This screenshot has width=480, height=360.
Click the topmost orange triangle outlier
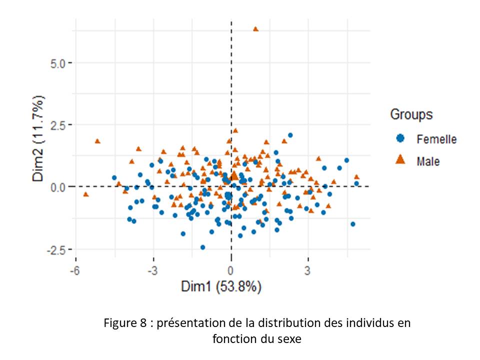(x=255, y=29)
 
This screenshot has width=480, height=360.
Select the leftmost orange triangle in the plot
(x=86, y=194)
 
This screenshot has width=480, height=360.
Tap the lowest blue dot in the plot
(x=202, y=247)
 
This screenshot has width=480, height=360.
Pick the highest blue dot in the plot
(x=290, y=135)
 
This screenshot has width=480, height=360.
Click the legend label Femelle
(x=436, y=139)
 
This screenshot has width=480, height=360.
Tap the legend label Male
(x=428, y=160)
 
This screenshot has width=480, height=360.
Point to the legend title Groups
(x=411, y=114)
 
